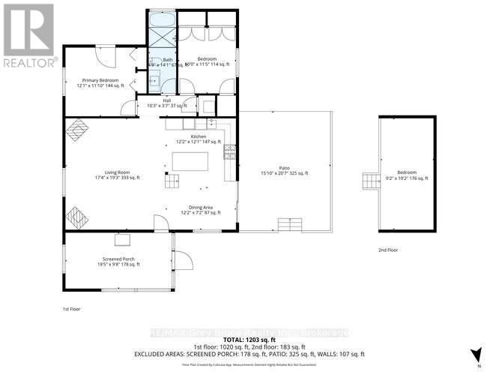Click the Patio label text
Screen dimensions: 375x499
pyautogui.click(x=282, y=170)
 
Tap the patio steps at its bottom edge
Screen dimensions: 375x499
pyautogui.click(x=289, y=225)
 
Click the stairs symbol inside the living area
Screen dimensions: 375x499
pyautogui.click(x=172, y=180)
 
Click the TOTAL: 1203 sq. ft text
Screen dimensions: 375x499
pyautogui.click(x=249, y=340)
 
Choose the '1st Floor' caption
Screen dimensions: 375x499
pyautogui.click(x=71, y=308)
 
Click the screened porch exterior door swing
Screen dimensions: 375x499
pyautogui.click(x=184, y=259)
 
